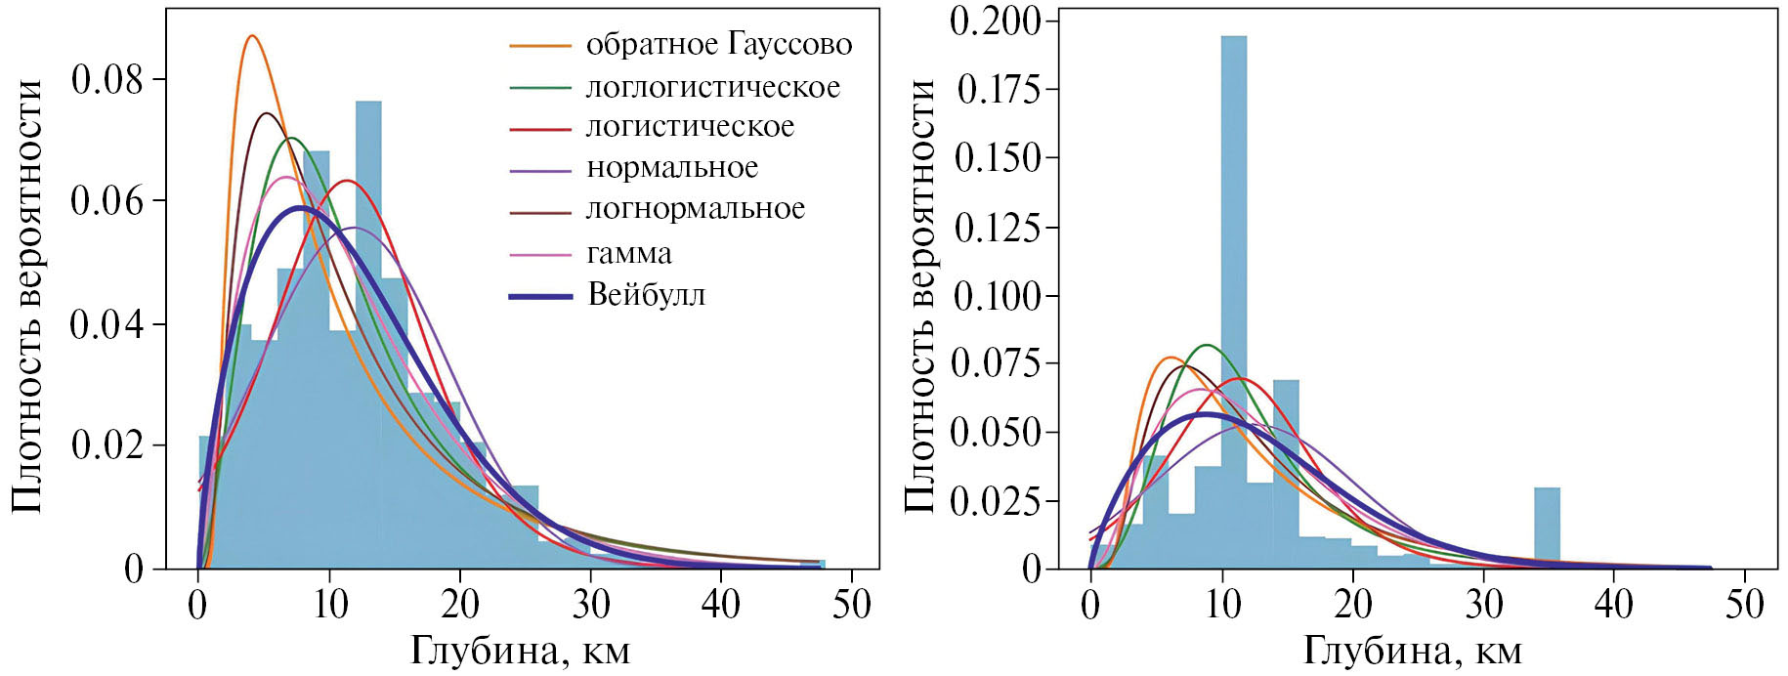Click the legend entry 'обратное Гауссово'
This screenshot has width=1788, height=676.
718,45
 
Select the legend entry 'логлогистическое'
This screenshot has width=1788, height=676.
712,87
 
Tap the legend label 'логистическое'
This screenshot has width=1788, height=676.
690,127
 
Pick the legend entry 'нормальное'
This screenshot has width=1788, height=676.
672,168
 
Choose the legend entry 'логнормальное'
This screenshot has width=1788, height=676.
695,209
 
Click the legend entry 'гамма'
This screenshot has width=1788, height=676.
628,254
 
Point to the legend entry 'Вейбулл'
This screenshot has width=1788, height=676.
646,295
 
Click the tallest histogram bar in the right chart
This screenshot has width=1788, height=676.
1233,293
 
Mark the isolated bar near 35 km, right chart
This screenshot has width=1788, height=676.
1547,528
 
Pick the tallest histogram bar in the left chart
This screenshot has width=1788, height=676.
368,332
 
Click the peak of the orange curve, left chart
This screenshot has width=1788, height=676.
252,36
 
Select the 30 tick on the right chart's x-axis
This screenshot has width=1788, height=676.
1483,605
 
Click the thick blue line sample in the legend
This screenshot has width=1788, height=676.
540,295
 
